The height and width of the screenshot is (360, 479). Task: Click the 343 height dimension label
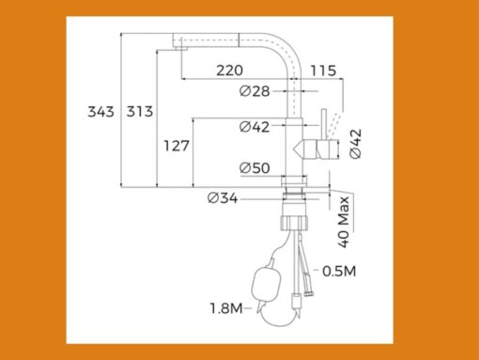pyautogui.click(x=100, y=112)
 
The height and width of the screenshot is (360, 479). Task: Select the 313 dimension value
pyautogui.click(x=140, y=112)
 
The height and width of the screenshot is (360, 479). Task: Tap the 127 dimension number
pyautogui.click(x=177, y=146)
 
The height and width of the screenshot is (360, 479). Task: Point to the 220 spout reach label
pyautogui.click(x=229, y=70)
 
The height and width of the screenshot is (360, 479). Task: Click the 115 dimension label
pyautogui.click(x=323, y=70)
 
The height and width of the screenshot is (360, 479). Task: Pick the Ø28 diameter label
pyautogui.click(x=255, y=91)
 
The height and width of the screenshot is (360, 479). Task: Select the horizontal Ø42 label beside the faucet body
pyautogui.click(x=255, y=127)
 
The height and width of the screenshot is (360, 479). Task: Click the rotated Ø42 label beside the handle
pyautogui.click(x=356, y=144)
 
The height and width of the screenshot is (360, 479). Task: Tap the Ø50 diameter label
pyautogui.click(x=255, y=168)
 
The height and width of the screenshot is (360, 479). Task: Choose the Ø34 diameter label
pyautogui.click(x=223, y=198)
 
